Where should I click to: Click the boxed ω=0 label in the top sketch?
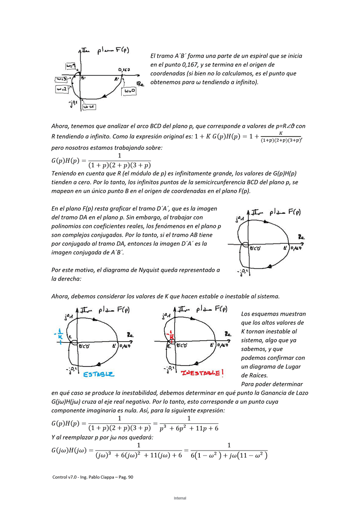click(129, 91)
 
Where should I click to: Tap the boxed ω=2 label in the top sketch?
click(61, 89)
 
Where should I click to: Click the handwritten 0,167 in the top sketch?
click(124, 70)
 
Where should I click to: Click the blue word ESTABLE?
click(99, 374)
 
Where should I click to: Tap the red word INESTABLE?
click(202, 373)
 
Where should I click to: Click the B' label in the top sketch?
click(84, 79)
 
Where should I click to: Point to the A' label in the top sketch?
click(117, 79)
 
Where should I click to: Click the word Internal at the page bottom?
click(180, 498)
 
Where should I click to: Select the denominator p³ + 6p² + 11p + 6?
click(189, 428)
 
